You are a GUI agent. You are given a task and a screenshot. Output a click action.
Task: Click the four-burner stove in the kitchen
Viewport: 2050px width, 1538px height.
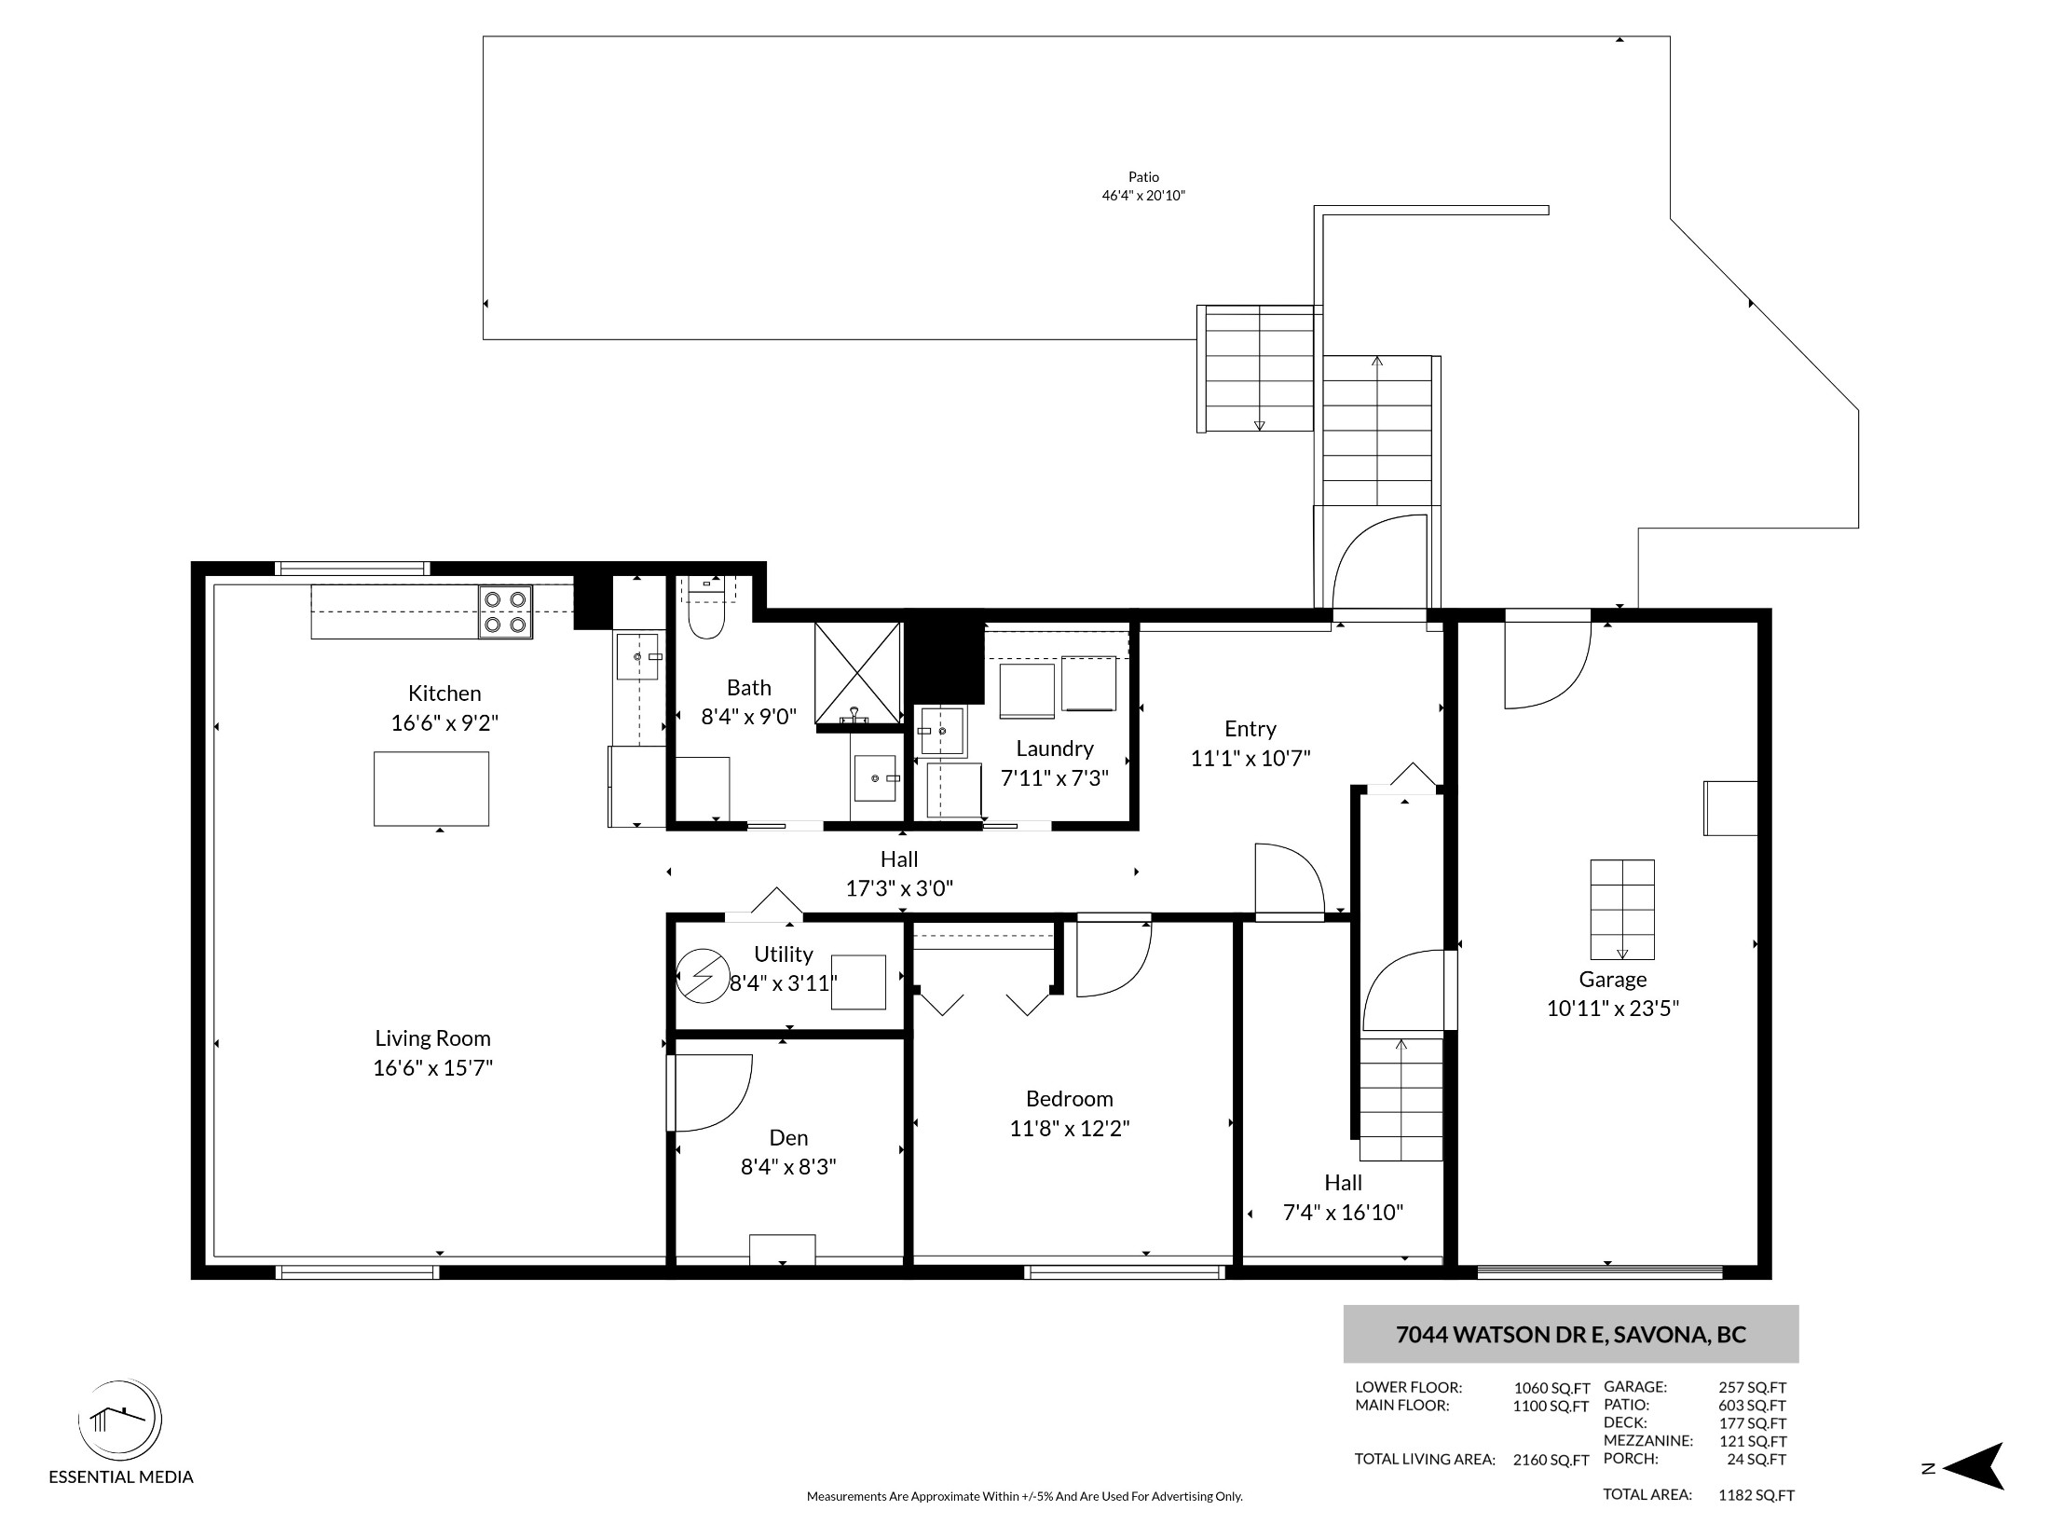506,611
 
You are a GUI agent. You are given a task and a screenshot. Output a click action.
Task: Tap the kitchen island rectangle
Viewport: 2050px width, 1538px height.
431,789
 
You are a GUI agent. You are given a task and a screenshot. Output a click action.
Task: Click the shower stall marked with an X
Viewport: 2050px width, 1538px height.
858,673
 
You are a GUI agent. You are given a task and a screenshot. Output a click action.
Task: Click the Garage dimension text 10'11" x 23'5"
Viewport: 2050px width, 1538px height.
1613,1009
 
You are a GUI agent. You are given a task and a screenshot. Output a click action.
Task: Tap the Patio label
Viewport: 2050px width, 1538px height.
1143,177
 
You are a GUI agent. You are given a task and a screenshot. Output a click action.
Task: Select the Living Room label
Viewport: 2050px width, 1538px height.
432,1038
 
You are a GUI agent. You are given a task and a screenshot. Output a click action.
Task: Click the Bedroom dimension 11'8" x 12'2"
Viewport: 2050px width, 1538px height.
1070,1129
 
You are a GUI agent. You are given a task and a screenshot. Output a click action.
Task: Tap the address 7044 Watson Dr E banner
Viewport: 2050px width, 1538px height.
1570,1334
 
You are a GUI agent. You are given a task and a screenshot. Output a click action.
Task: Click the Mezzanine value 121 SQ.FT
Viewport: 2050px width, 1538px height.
1753,1441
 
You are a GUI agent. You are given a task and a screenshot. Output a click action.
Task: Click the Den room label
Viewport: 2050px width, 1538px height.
788,1137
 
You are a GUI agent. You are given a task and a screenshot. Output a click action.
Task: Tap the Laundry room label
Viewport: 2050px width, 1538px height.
1055,748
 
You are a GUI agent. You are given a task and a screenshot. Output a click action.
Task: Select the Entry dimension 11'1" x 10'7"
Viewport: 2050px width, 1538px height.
1250,759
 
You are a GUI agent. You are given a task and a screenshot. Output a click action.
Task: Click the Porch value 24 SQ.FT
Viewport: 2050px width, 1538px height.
1756,1459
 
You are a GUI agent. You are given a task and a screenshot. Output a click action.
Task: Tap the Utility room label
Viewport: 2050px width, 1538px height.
784,954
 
